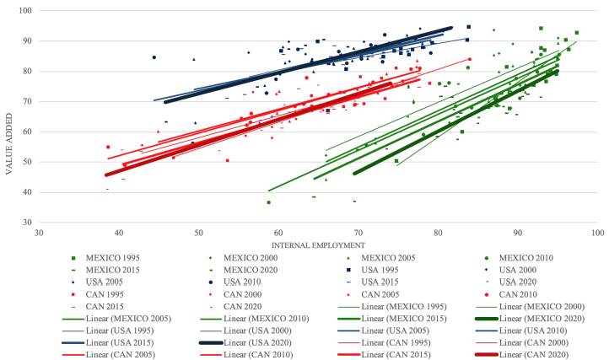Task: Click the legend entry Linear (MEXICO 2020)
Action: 517,319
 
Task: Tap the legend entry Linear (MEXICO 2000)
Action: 517,306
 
